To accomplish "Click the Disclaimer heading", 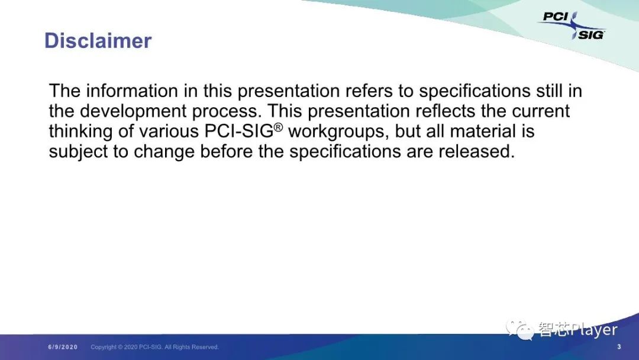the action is click(98, 41).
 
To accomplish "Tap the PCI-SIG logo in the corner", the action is click(573, 25).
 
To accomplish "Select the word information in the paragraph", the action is click(132, 91).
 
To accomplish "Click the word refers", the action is click(369, 91).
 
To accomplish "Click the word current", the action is click(541, 111).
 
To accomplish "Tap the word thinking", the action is click(80, 131).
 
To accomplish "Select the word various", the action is click(169, 131).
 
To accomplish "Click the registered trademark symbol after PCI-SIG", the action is click(278, 127).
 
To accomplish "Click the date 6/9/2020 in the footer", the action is click(63, 347).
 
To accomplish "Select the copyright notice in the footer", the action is click(154, 347).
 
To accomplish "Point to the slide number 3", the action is click(619, 346).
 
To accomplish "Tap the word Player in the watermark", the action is click(594, 330).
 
